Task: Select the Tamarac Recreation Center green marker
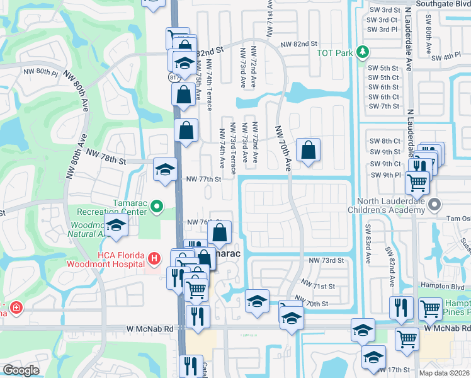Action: coord(157,206)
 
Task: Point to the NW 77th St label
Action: coord(204,179)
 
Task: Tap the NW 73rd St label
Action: coord(326,260)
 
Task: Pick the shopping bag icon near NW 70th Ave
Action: coord(307,150)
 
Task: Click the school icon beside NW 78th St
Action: coord(166,169)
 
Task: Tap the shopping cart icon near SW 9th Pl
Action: coord(417,182)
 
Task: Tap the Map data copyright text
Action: coord(445,373)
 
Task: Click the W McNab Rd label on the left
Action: coord(149,329)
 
